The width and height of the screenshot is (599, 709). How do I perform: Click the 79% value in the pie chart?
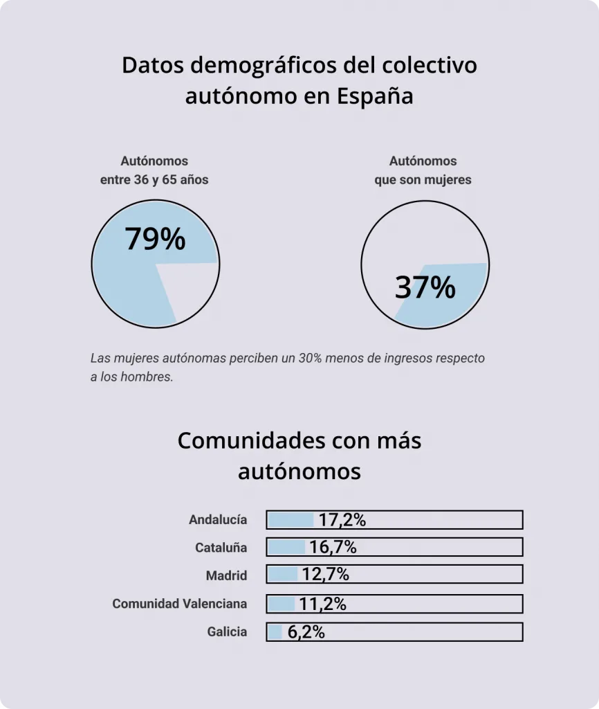pos(156,239)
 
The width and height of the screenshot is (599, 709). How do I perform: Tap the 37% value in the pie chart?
pos(425,287)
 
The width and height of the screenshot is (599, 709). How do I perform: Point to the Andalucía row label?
pos(218,519)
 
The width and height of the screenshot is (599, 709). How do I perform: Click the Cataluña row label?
pos(221,548)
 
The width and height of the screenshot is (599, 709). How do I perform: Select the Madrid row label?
pos(226,575)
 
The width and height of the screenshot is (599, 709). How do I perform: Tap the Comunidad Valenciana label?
pos(179,604)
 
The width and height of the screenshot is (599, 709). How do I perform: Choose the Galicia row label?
pos(227,631)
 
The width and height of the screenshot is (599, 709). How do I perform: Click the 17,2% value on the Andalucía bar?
pos(342,520)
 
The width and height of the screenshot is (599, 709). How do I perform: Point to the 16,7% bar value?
pos(333,548)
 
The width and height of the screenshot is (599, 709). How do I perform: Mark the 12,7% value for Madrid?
pos(325,575)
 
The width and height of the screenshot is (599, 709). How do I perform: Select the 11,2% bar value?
pos(322,604)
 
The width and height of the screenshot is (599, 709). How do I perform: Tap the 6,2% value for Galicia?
pos(305,632)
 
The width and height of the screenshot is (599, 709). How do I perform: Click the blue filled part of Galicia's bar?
pos(275,632)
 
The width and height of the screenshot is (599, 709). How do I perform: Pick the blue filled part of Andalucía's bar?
pos(291,520)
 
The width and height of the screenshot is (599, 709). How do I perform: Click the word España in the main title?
pos(375,96)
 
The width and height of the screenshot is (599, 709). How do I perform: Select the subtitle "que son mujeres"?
pos(423,179)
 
